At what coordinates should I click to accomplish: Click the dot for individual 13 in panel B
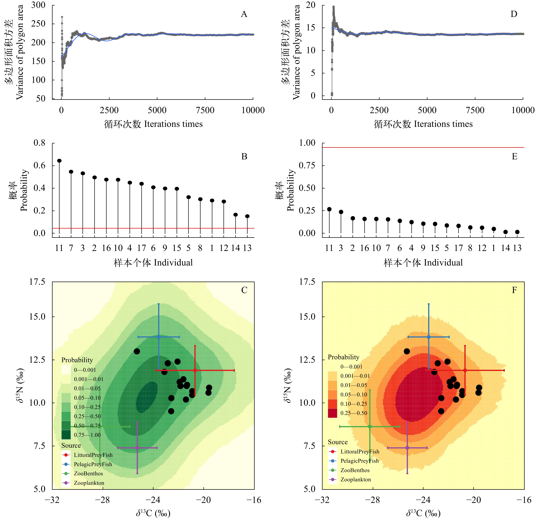(247, 216)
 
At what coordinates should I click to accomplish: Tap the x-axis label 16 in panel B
(106, 248)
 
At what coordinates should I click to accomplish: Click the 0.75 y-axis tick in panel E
(307, 165)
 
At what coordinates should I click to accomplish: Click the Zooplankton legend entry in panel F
(355, 479)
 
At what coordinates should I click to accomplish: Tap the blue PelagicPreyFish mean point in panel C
(159, 337)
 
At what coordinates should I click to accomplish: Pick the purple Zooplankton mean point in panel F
(407, 448)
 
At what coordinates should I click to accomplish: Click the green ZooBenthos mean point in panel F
(370, 427)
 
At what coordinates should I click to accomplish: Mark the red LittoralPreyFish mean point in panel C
(195, 370)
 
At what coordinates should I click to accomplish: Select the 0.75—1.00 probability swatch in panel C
(66, 435)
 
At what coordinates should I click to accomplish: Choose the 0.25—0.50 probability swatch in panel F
(332, 413)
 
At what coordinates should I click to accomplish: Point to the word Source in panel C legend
(71, 445)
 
